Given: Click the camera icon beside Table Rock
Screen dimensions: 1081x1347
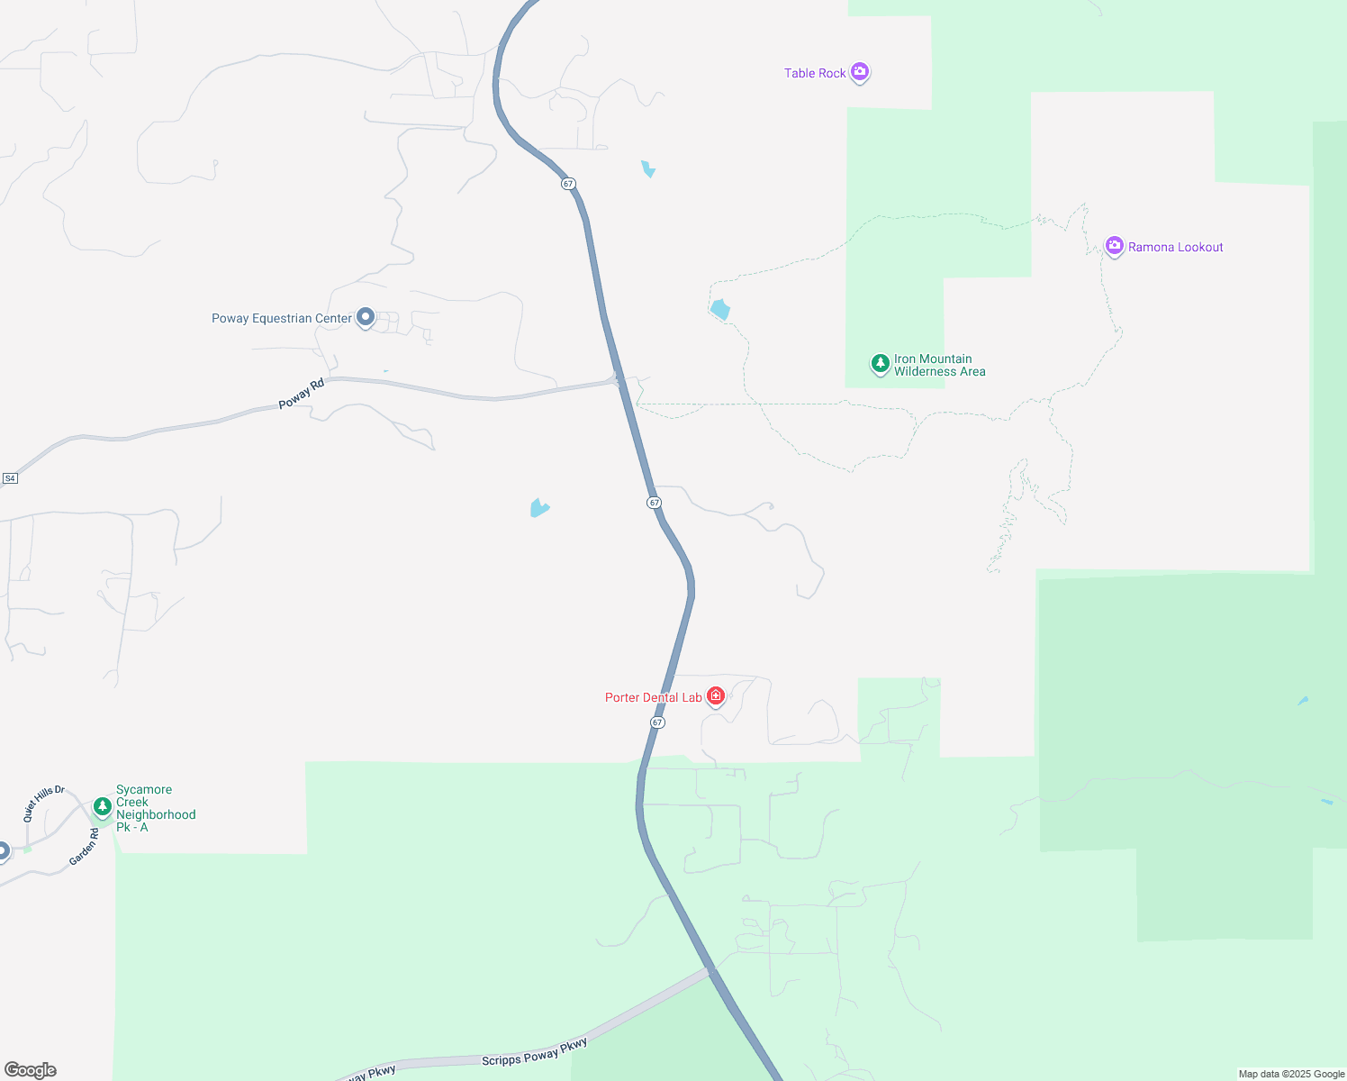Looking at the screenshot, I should (x=860, y=71).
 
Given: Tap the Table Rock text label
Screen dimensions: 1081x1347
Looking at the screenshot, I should (x=815, y=74).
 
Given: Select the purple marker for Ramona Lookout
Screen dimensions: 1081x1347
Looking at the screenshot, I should (x=1115, y=245).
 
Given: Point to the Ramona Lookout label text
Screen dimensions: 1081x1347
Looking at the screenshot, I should (x=1175, y=248).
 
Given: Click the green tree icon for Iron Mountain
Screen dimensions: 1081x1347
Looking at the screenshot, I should (x=880, y=363).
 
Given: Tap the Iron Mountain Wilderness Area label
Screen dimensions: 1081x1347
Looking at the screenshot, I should (x=939, y=365).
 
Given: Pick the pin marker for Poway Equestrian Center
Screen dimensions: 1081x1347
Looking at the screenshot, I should (x=366, y=316).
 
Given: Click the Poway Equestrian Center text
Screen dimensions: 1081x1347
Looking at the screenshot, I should (x=282, y=319).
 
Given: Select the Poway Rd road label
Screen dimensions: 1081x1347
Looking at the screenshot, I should (x=301, y=395).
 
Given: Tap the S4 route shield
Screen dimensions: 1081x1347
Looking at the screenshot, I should (x=10, y=478).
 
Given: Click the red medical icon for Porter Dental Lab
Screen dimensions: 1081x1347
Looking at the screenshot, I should (x=716, y=695).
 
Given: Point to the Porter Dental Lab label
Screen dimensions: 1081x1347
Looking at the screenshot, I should (x=654, y=698).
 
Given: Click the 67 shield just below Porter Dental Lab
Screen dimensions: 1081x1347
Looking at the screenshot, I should (x=657, y=722).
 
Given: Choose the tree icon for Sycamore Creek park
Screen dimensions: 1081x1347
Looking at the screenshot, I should (x=103, y=805).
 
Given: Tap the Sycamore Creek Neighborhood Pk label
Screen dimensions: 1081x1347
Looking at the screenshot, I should (x=155, y=808).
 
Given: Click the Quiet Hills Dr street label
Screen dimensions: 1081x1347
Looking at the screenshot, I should (x=44, y=803).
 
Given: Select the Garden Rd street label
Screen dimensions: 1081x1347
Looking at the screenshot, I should (x=85, y=848).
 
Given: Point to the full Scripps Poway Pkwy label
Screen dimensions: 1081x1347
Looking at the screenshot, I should (x=534, y=1052).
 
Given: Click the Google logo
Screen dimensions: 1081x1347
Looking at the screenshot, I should (x=31, y=1070).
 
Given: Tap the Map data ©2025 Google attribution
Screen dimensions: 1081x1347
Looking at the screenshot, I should (x=1291, y=1074).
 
